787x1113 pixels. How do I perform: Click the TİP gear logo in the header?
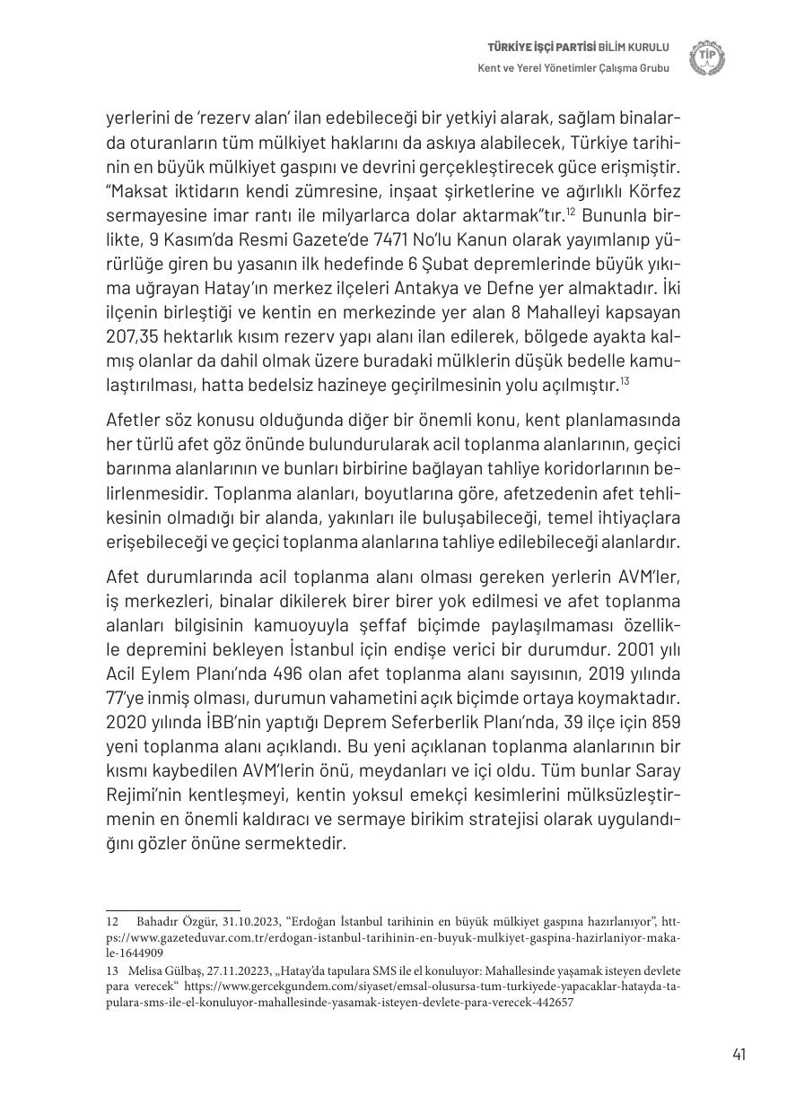[706, 57]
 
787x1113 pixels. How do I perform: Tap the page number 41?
[739, 1055]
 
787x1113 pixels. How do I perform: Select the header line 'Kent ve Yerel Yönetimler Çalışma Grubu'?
[573, 68]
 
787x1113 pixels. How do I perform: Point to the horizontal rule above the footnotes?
[173, 909]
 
